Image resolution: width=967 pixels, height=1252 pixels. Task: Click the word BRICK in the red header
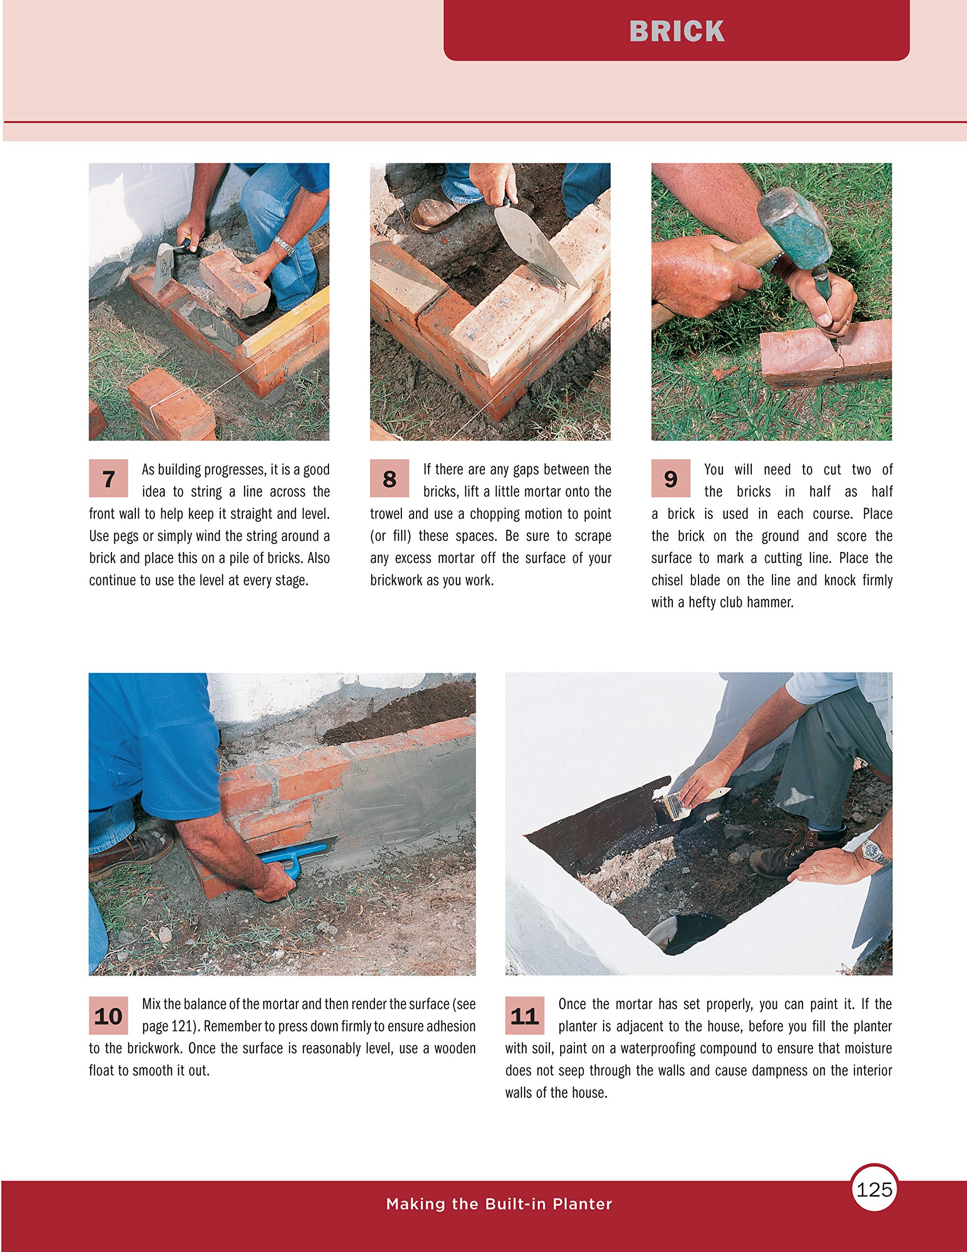(677, 31)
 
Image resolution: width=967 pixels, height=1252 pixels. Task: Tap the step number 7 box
(109, 478)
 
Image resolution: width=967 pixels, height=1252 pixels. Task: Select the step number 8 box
(389, 478)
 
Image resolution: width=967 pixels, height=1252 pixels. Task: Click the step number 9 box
(670, 478)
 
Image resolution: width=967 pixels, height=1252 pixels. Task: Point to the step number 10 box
(109, 1016)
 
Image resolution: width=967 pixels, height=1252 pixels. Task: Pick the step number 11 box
(524, 1016)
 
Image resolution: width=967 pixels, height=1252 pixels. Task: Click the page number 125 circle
(874, 1189)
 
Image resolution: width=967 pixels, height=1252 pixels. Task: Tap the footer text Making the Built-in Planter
(499, 1204)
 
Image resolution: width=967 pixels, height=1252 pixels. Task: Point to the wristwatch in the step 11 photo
(873, 850)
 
